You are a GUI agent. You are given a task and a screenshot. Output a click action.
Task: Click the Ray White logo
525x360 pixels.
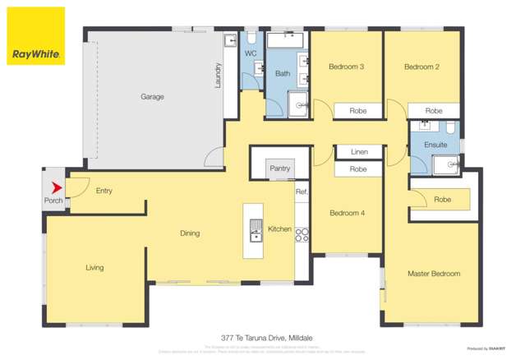(36, 37)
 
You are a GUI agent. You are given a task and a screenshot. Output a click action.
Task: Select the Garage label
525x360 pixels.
(152, 96)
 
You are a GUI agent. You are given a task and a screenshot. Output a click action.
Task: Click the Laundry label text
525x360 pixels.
(219, 76)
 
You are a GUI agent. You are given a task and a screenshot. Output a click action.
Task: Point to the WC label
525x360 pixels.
(251, 53)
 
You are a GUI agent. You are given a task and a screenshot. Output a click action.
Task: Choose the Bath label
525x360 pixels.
(282, 74)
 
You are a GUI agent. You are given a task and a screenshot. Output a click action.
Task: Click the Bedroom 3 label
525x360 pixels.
(346, 67)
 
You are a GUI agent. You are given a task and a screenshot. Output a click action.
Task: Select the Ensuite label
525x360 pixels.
(435, 145)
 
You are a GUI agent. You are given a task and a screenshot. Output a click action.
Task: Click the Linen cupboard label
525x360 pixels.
(358, 152)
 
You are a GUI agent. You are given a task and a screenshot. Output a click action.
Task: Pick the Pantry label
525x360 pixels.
(280, 168)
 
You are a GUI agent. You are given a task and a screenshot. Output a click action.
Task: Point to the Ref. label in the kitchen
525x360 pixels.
(301, 192)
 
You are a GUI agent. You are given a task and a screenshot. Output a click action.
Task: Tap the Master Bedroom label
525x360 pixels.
(434, 273)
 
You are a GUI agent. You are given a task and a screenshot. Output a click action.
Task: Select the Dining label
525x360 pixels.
(190, 233)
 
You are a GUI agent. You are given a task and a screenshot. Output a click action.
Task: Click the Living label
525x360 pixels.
(94, 267)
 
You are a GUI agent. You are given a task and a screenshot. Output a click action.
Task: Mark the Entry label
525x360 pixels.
(104, 191)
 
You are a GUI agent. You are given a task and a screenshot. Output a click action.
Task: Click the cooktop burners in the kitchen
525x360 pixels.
(301, 233)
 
